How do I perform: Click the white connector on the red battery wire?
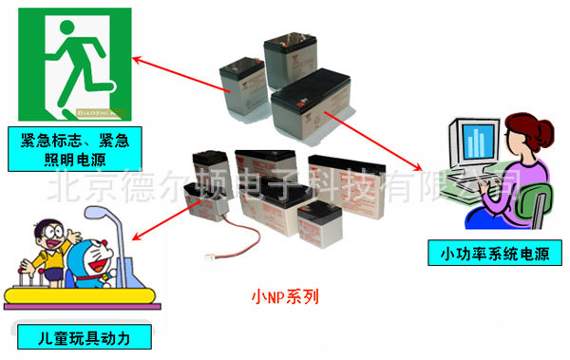[x=212, y=256]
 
